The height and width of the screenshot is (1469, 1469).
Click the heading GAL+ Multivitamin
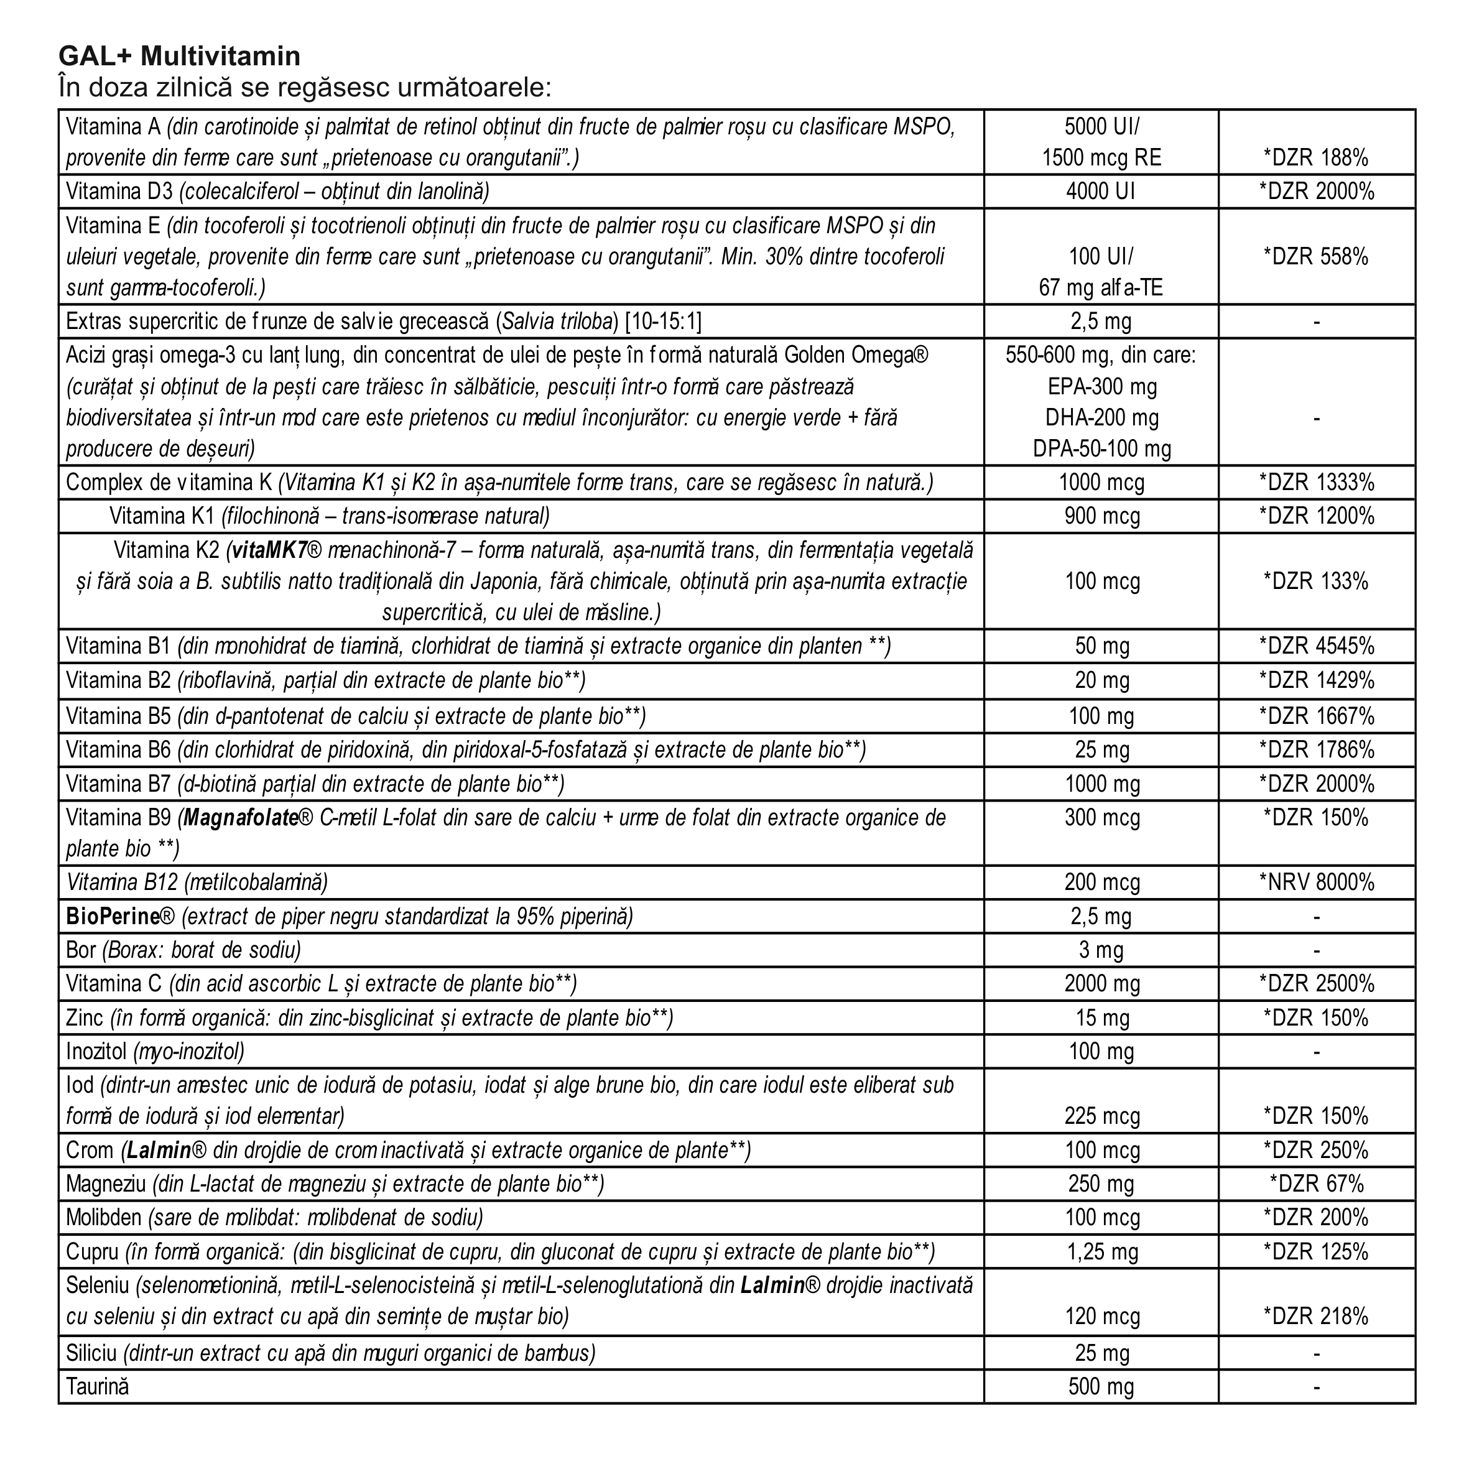coord(180,56)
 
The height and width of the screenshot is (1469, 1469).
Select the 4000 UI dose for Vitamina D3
coord(1100,192)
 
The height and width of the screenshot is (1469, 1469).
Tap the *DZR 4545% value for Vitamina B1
coord(1316,646)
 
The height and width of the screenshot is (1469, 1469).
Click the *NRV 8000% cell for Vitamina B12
coord(1316,883)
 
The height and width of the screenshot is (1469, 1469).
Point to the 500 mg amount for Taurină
coord(1100,1386)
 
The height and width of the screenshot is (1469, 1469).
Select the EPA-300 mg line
coord(1100,387)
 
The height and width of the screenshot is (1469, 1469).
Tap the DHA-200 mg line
coord(1100,417)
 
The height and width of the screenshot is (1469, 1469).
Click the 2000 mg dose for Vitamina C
coord(1100,984)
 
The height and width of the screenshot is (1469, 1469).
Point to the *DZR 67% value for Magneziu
coord(1316,1184)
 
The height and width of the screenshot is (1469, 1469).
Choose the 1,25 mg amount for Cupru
coord(1100,1251)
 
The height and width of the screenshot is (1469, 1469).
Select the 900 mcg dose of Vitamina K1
coord(1100,516)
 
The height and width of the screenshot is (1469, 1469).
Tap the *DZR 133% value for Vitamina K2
coord(1316,582)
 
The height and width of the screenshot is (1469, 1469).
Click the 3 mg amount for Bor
coord(1100,950)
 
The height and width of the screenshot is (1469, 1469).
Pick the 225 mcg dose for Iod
coord(1100,1116)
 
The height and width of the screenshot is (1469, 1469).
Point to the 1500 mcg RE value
coord(1100,158)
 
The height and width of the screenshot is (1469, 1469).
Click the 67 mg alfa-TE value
coord(1100,288)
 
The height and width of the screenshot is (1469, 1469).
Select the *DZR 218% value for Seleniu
coord(1316,1316)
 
